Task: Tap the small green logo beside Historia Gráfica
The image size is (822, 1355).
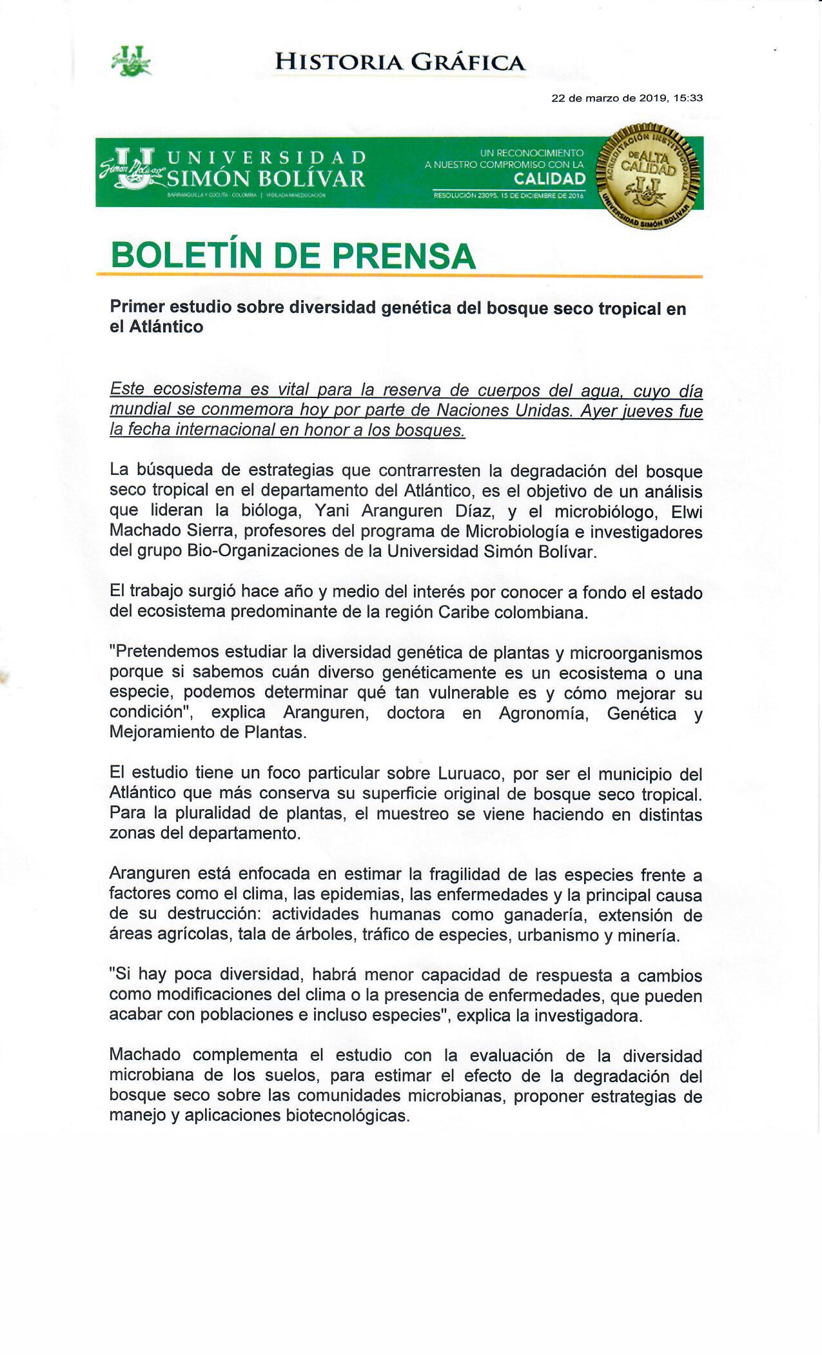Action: click(132, 62)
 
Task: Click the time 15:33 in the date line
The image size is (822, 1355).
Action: click(688, 99)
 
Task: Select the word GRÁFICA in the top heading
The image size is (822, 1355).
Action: click(469, 62)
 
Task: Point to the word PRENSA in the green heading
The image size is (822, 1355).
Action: click(404, 256)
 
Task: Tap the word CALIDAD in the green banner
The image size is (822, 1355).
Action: click(549, 179)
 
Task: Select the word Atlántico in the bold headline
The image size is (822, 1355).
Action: click(166, 327)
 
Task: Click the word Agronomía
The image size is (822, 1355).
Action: click(543, 713)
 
